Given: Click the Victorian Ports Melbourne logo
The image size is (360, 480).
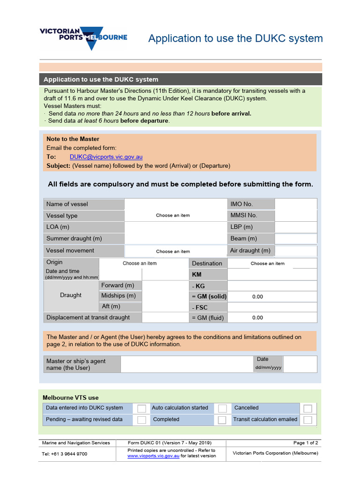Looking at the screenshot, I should click(83, 37).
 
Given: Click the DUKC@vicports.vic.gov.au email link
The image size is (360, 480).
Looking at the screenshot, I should click(106, 157).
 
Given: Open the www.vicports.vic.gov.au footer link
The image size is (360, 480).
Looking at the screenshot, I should click(153, 456).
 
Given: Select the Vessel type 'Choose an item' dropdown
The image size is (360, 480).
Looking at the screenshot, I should click(173, 216).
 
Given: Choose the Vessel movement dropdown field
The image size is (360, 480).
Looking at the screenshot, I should click(173, 251).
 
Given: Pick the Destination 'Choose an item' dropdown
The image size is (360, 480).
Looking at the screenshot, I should click(267, 263).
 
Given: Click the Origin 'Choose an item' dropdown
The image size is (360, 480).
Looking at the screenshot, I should click(140, 263).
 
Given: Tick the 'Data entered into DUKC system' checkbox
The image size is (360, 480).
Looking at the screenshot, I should click(141, 408).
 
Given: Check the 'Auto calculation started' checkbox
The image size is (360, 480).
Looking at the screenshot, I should click(222, 408).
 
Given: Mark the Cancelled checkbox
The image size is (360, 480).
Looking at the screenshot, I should click(307, 408).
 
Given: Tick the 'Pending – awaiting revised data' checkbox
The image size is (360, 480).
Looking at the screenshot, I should click(141, 420).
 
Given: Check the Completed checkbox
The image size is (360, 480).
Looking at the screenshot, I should click(222, 420).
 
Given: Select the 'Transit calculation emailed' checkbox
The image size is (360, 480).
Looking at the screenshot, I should click(307, 420).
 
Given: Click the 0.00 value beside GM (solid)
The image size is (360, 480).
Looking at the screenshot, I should click(258, 297).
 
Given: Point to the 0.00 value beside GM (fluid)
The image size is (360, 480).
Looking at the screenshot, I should click(258, 318).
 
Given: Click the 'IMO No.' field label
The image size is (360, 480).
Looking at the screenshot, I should click(241, 204).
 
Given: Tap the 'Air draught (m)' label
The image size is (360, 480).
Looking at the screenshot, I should click(250, 251).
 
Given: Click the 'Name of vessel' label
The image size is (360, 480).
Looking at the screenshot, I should click(67, 204).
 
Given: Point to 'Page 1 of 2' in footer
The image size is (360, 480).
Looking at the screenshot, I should click(306, 443).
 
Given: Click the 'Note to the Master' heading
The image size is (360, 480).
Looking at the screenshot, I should click(73, 139).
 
